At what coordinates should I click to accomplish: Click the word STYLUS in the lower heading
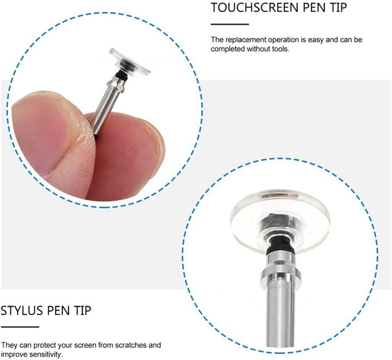coord(22,311)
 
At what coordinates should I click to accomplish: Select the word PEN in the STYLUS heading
coord(58,311)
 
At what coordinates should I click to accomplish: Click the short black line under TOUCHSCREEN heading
coord(230,24)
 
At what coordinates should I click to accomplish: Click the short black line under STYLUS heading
coord(20,327)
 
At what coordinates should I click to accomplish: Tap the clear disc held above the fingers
coord(130,61)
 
